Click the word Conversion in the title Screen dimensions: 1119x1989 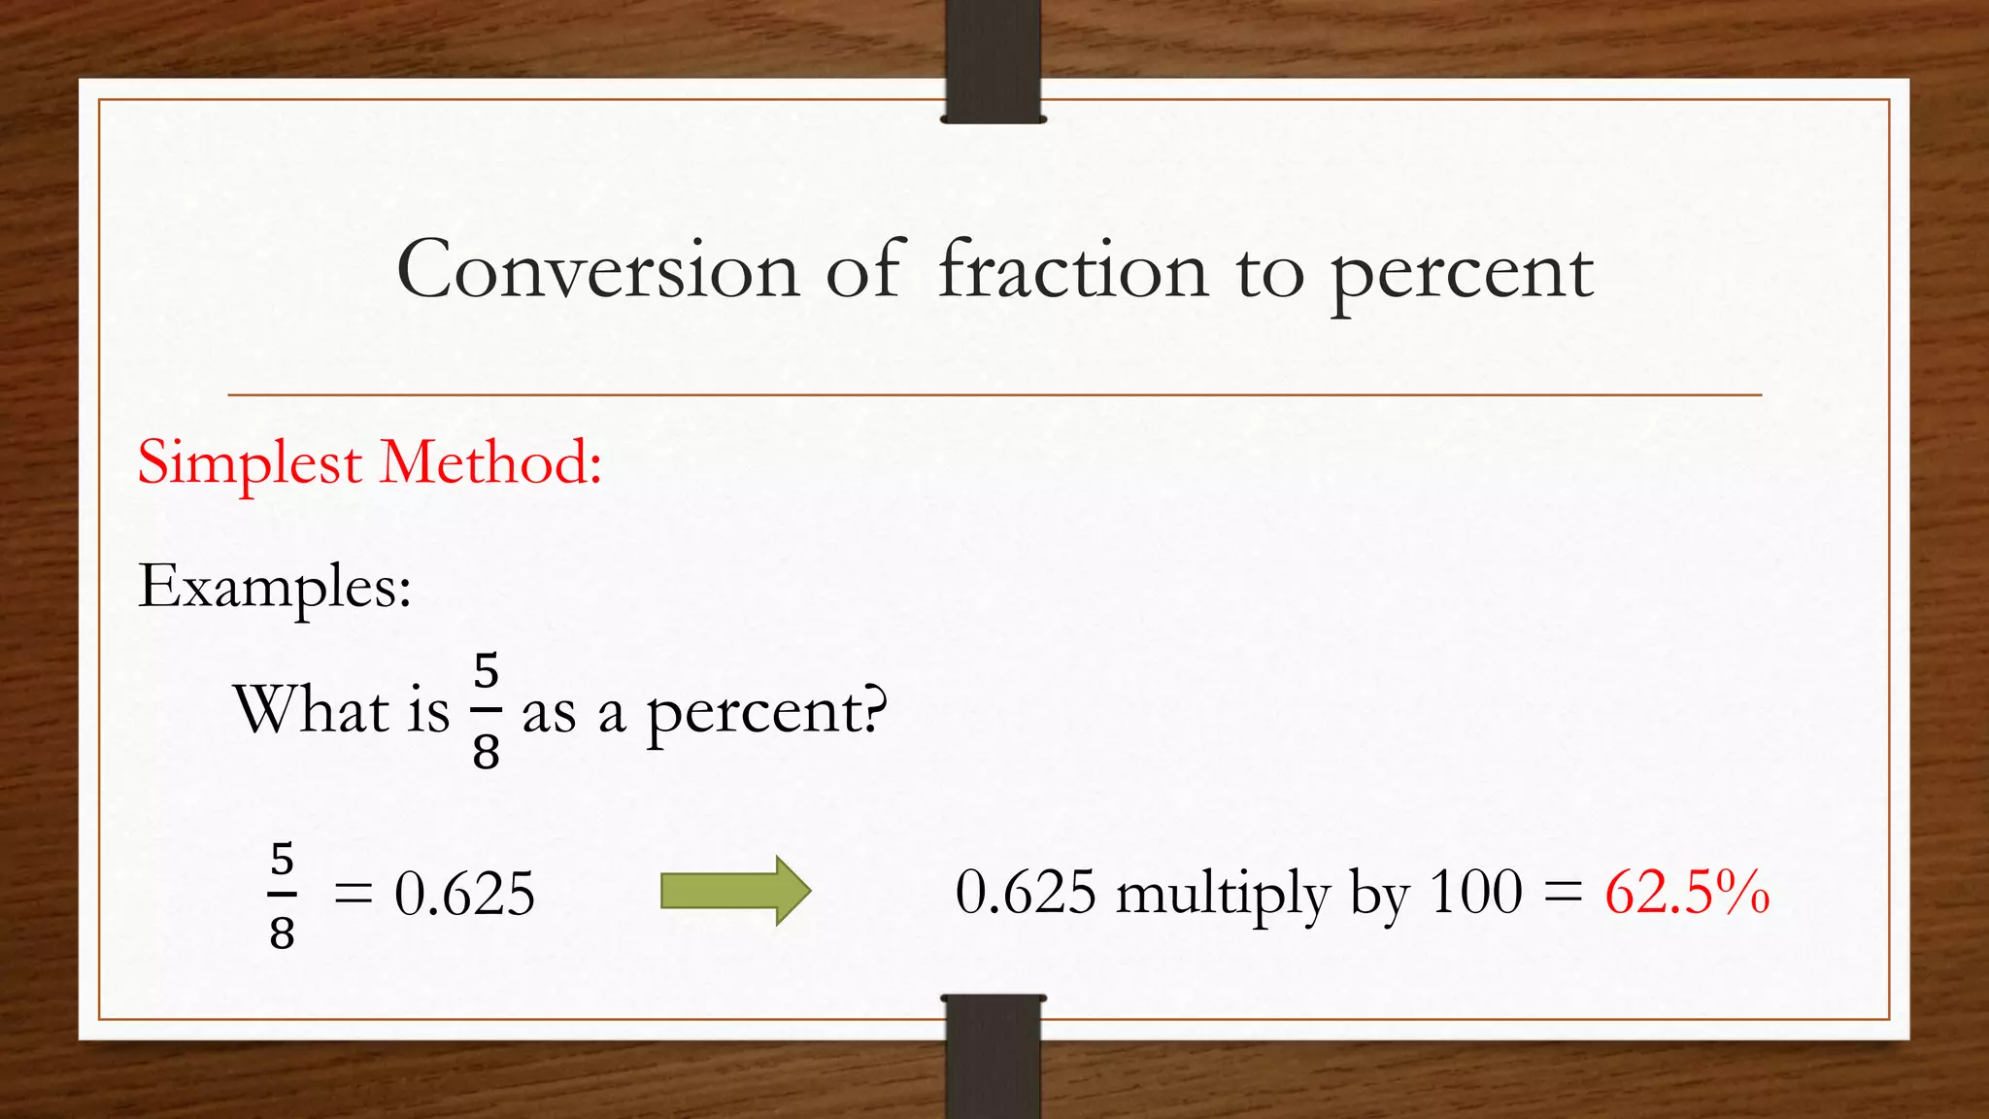tap(597, 270)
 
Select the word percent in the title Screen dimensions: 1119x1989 tap(1461, 276)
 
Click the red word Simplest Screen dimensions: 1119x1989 tap(250, 462)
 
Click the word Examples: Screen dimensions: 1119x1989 tap(275, 587)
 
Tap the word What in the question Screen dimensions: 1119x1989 tap(311, 709)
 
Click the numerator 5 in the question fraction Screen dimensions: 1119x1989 tap(486, 672)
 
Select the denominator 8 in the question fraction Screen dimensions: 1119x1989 tap(486, 751)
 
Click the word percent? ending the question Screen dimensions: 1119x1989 tap(767, 713)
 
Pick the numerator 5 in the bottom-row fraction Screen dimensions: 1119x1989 tap(282, 860)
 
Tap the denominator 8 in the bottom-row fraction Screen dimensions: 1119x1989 tap(282, 933)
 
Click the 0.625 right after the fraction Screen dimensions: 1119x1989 tap(464, 894)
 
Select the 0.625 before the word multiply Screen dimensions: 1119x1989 tap(1026, 892)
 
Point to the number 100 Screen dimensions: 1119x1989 tap(1475, 892)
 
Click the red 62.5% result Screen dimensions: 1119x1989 tap(1686, 892)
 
